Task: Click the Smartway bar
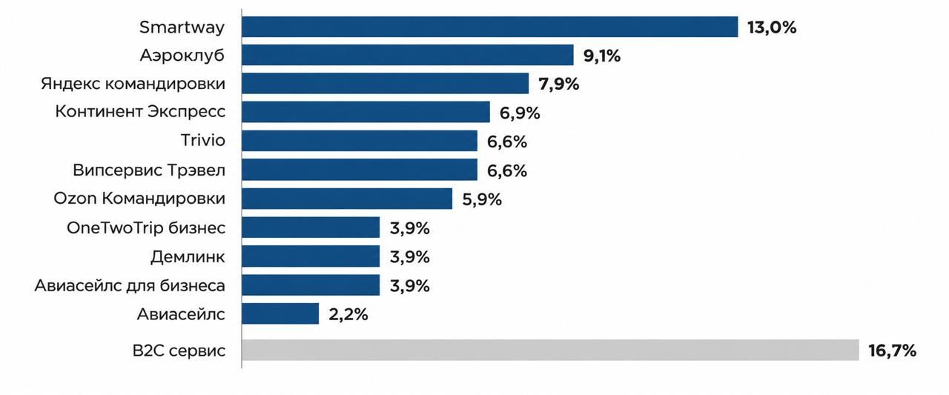(x=490, y=27)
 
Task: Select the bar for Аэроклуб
(x=408, y=55)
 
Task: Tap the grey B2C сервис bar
(x=550, y=350)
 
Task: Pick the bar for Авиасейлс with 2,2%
(x=280, y=313)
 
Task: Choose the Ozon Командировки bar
(x=347, y=199)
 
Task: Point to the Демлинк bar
(x=311, y=256)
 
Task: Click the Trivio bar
(x=360, y=141)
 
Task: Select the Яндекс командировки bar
(x=385, y=84)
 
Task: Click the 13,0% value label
(x=772, y=27)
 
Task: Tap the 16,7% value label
(x=892, y=351)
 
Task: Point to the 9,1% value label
(x=602, y=56)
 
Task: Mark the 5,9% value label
(x=482, y=199)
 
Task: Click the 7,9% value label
(x=559, y=84)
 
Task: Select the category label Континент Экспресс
(x=140, y=111)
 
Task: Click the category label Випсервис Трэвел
(x=149, y=170)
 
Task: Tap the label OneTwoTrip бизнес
(x=146, y=228)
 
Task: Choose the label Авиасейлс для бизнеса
(x=130, y=285)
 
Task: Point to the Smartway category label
(x=182, y=27)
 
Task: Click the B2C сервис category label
(x=179, y=351)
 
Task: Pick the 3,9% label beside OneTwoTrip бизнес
(x=410, y=228)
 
